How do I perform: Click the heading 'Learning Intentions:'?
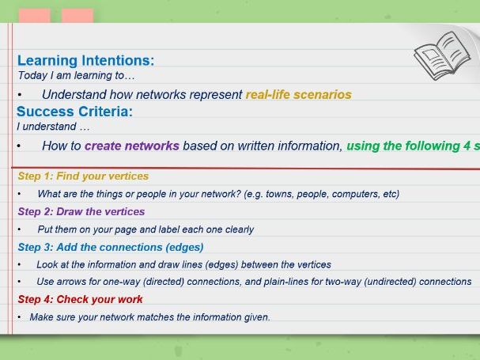click(85, 60)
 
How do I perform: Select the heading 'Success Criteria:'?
click(74, 112)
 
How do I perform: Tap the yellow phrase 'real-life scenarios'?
click(298, 95)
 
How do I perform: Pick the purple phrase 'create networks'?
click(132, 146)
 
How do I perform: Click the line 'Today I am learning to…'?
click(76, 75)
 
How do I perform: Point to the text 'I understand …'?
click(53, 127)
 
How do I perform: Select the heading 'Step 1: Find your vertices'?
click(83, 176)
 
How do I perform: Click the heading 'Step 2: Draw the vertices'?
click(81, 212)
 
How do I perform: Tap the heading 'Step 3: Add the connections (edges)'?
click(111, 247)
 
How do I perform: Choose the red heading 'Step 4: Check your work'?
click(80, 299)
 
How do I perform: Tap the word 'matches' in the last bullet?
click(155, 317)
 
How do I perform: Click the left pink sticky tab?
click(35, 16)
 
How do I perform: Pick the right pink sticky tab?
click(77, 16)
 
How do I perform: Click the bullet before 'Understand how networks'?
click(20, 95)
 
